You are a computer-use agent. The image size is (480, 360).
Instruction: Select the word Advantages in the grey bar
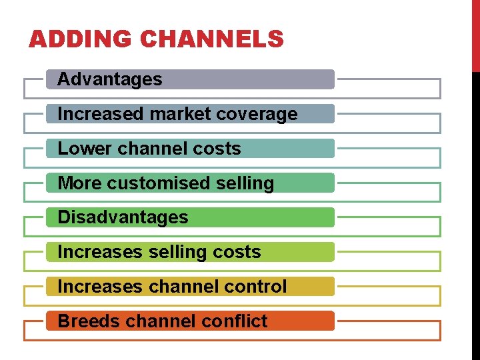point(110,79)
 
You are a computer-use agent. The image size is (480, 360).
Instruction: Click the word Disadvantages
point(123,217)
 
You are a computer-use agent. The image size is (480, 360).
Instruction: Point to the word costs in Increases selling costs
point(237,252)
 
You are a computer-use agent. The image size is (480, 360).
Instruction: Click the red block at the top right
point(476,35)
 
